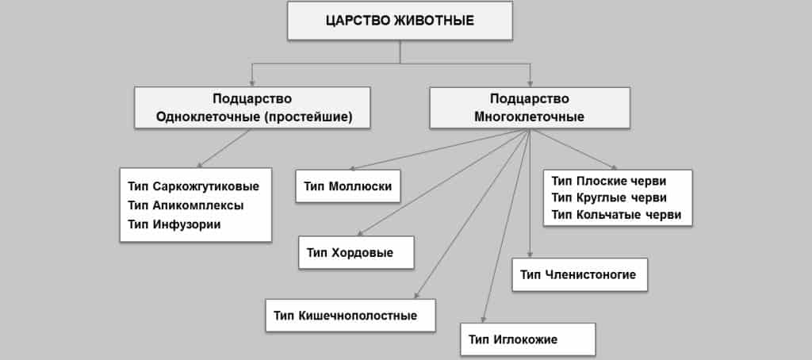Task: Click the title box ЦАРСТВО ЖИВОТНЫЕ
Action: (x=400, y=21)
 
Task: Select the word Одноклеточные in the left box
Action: (x=201, y=117)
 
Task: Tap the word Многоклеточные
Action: (x=529, y=117)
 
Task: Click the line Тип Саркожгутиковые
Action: (x=193, y=186)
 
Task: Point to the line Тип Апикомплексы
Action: (x=186, y=205)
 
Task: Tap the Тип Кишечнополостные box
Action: (x=350, y=315)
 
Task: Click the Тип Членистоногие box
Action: (x=580, y=274)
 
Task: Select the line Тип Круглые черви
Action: (x=609, y=197)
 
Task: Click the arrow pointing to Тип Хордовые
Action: (x=444, y=182)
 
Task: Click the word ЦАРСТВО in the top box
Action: (x=357, y=21)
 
